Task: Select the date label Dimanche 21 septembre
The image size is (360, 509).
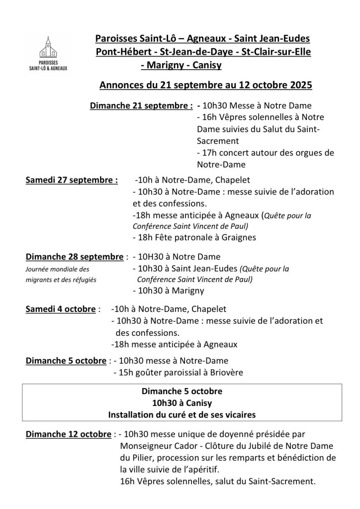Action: [x=141, y=105]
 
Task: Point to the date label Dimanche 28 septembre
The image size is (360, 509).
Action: [x=74, y=257]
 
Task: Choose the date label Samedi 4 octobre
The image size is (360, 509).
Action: [x=60, y=309]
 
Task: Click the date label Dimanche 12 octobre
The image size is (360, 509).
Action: [x=68, y=434]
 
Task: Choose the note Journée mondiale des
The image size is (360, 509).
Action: [x=57, y=269]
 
